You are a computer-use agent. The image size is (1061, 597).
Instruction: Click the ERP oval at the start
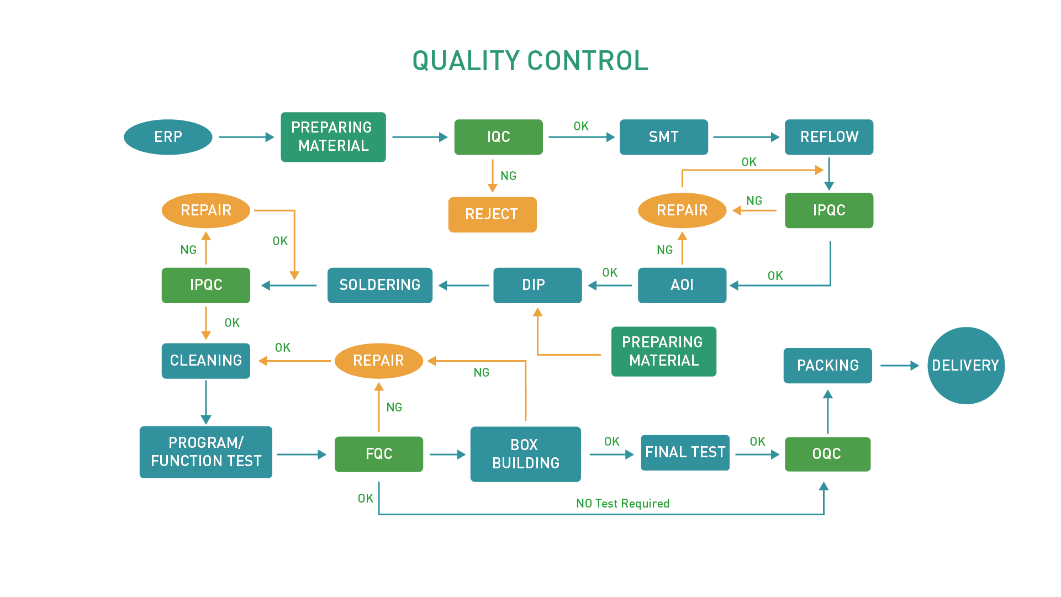pyautogui.click(x=168, y=137)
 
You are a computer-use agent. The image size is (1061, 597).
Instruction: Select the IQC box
pyautogui.click(x=498, y=137)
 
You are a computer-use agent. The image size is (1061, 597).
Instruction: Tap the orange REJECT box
pyautogui.click(x=492, y=214)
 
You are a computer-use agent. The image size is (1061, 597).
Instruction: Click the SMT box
pyautogui.click(x=663, y=137)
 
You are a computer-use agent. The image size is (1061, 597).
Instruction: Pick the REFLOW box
pyautogui.click(x=828, y=137)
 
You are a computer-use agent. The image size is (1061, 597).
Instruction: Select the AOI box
pyautogui.click(x=682, y=285)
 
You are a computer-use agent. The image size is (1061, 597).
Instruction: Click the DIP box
pyautogui.click(x=537, y=285)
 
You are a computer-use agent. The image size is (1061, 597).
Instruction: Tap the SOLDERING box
pyautogui.click(x=379, y=285)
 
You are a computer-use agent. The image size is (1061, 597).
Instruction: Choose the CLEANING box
pyautogui.click(x=205, y=361)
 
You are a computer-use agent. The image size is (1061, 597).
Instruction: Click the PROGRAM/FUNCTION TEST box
pyautogui.click(x=205, y=452)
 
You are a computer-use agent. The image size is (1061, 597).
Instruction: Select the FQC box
pyautogui.click(x=378, y=454)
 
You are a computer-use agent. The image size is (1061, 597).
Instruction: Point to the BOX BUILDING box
pyautogui.click(x=525, y=454)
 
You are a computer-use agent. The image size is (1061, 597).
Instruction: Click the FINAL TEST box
pyautogui.click(x=685, y=452)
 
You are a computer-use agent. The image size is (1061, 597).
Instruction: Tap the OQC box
pyautogui.click(x=827, y=454)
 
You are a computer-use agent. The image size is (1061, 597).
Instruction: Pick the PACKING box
pyautogui.click(x=827, y=365)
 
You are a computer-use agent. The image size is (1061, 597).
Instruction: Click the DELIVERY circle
pyautogui.click(x=965, y=365)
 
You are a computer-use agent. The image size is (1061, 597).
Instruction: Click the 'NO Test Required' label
pyautogui.click(x=622, y=503)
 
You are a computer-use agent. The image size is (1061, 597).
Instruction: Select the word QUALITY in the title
pyautogui.click(x=466, y=61)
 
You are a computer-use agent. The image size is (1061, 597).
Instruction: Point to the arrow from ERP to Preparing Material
pyautogui.click(x=246, y=137)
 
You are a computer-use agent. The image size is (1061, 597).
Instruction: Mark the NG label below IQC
pyautogui.click(x=508, y=176)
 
